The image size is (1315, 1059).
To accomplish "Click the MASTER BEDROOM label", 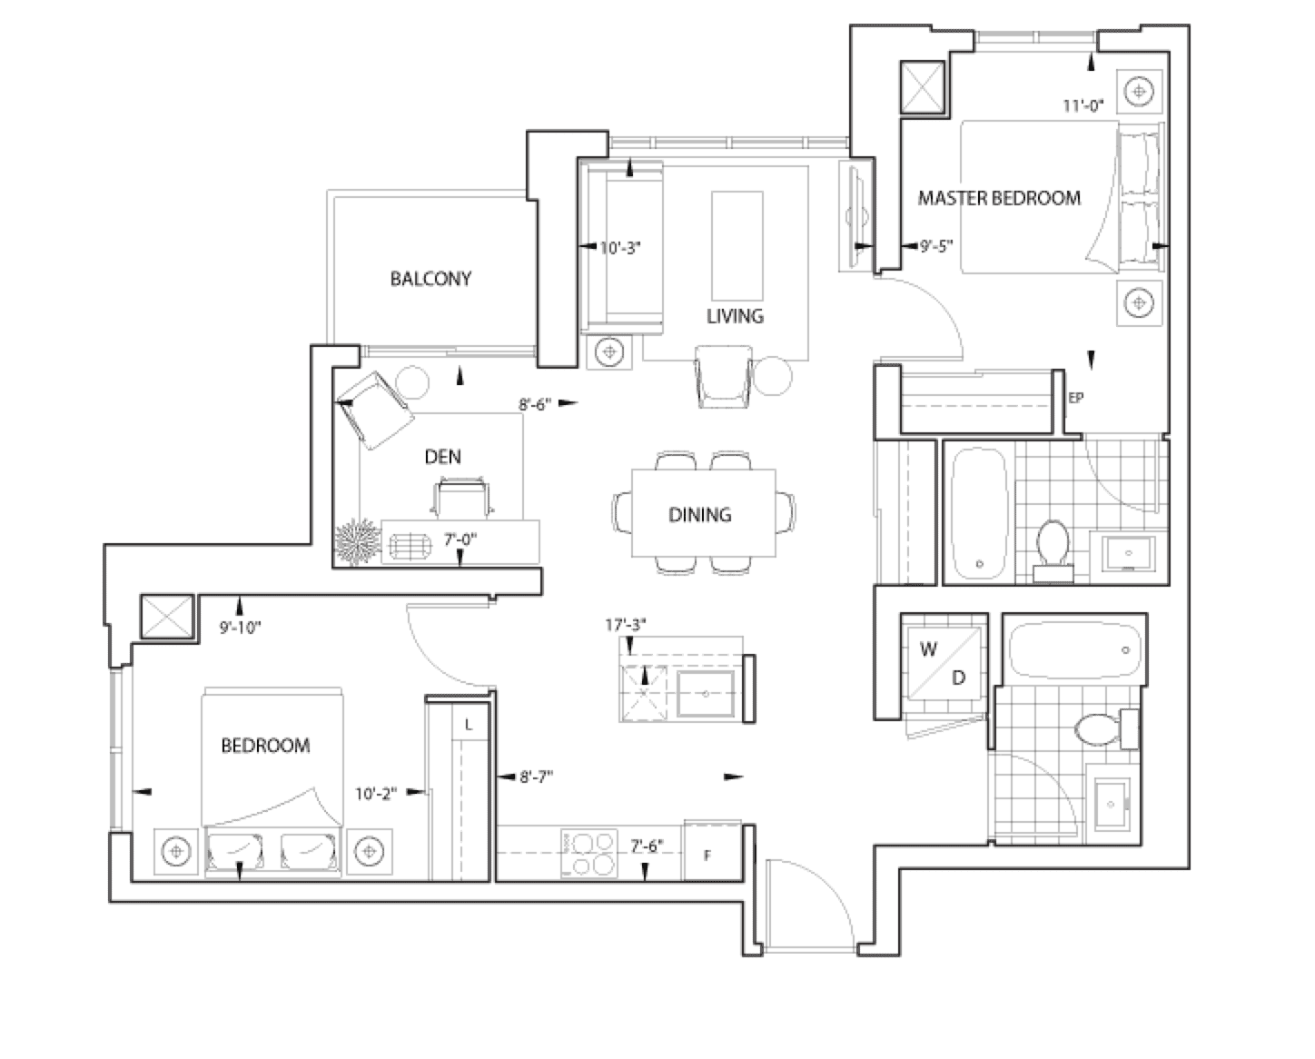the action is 999,198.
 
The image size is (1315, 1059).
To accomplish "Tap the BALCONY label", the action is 430,279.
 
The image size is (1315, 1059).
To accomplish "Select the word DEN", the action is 442,457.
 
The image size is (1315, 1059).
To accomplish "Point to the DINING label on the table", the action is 699,515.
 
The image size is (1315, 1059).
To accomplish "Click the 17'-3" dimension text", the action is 626,625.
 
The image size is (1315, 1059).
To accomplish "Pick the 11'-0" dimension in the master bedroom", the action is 1083,105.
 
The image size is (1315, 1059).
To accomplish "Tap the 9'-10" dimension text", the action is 241,628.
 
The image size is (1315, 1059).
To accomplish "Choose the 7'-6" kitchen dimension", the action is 648,846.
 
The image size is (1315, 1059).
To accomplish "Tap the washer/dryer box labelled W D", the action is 943,664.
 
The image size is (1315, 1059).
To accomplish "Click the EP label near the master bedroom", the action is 1076,398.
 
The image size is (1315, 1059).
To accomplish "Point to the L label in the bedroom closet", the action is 469,726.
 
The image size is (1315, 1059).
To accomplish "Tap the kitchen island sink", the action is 706,694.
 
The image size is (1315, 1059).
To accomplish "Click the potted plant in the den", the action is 358,542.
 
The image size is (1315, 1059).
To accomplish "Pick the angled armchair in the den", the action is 374,410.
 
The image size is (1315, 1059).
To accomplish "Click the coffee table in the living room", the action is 737,245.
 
